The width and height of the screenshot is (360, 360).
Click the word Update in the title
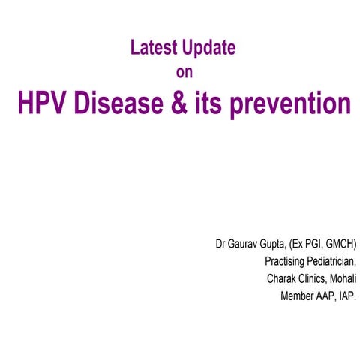[206, 49]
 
